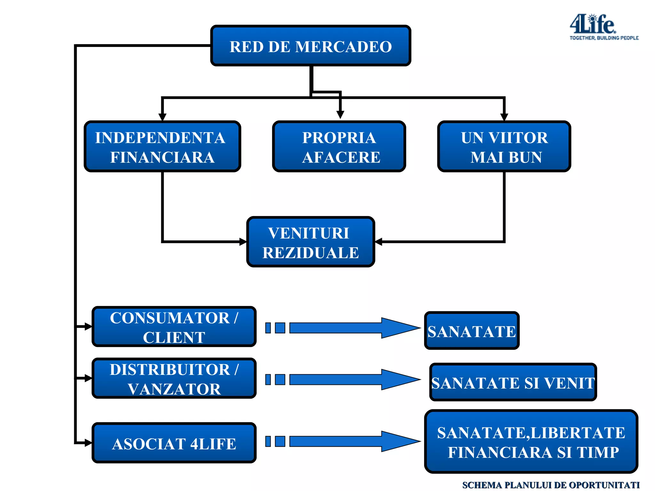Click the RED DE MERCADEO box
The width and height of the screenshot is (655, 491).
pos(310,46)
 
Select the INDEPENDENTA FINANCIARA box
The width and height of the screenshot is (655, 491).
pos(162,147)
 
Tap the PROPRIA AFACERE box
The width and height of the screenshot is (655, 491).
pos(339,147)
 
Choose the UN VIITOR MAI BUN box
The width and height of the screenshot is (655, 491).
pos(504,147)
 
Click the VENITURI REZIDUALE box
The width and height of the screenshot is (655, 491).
pos(310,242)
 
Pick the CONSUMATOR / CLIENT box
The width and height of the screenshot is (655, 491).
pos(174,327)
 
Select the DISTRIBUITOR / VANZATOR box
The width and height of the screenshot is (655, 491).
pos(174,378)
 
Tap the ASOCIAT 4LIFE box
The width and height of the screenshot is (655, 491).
pos(174,443)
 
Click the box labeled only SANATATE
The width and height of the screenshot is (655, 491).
pos(472,331)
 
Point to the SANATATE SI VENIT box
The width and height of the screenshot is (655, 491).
pos(513,382)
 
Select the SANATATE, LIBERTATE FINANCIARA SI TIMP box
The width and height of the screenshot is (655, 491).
pos(531,442)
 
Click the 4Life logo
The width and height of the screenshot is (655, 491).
pos(592,24)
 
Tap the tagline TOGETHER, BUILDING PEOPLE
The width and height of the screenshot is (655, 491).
pos(604,38)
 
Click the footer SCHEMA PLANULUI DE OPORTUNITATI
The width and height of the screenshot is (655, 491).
pos(551,485)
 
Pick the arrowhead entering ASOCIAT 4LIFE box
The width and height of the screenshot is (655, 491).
pos(88,443)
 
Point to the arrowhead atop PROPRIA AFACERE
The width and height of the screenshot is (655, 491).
pos(340,115)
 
